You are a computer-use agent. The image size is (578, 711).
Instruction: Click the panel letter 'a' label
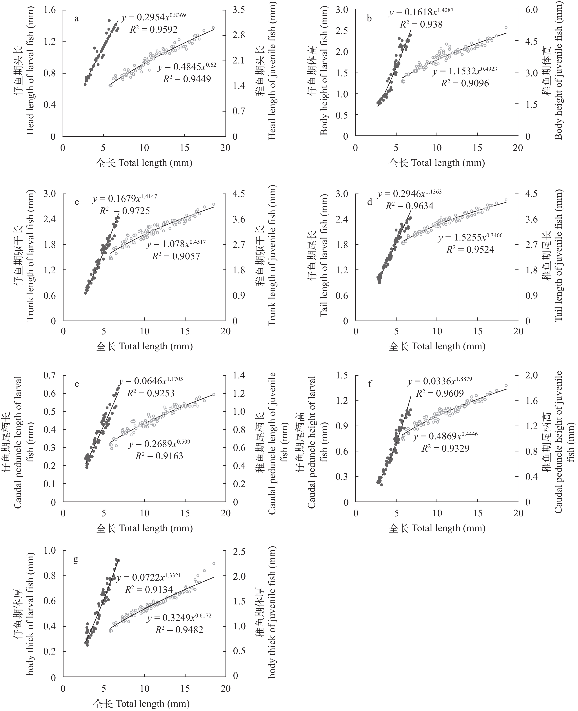(77, 19)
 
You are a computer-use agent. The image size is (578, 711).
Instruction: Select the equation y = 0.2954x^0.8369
(153, 17)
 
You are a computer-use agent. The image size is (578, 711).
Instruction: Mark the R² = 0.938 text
(421, 24)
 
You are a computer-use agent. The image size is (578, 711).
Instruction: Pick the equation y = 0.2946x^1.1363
(410, 194)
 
